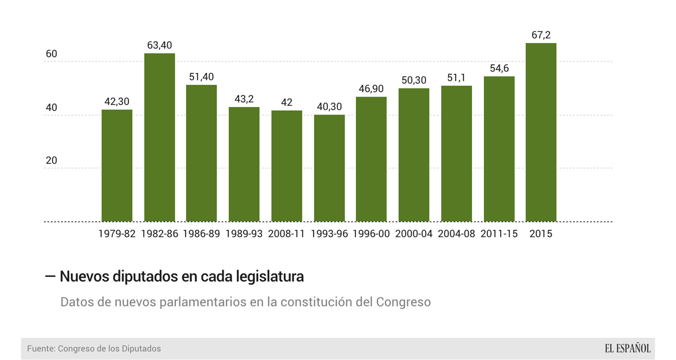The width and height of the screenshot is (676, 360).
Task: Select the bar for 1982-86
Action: tap(159, 137)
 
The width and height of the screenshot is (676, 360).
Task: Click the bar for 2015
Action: tap(541, 132)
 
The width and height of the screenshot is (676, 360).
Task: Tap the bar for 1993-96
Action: tap(329, 168)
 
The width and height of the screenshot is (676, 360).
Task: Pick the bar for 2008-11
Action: tap(286, 166)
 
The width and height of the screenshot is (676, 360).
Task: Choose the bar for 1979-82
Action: tap(117, 166)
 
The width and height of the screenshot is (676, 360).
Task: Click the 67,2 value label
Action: tap(541, 35)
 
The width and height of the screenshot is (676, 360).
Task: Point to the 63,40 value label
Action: tap(159, 46)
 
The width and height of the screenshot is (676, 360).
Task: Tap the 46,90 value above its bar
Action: tap(371, 89)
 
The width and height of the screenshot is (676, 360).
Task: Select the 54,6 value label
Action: tap(499, 69)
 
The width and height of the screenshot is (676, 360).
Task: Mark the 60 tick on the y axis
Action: tap(52, 54)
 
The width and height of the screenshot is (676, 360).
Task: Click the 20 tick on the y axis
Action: tap(52, 160)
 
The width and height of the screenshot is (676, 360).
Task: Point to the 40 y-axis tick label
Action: tap(52, 107)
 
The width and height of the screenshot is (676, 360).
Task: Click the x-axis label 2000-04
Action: tap(414, 234)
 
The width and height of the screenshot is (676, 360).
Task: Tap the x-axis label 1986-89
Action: tap(201, 234)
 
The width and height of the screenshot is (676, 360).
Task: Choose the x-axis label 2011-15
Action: tap(499, 234)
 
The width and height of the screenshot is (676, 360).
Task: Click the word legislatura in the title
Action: tap(270, 276)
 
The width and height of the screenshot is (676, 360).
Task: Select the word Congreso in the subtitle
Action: tap(403, 302)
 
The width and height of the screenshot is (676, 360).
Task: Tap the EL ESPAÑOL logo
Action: tap(627, 349)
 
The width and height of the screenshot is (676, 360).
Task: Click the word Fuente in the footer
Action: tap(41, 349)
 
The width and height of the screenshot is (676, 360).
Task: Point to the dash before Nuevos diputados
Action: tap(50, 276)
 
